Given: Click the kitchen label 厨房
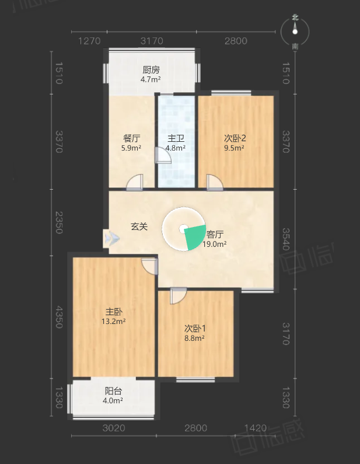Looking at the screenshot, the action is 151,70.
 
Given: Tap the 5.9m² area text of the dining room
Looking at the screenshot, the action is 131,148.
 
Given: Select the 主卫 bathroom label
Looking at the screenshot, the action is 176,138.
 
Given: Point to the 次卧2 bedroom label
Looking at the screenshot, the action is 235,138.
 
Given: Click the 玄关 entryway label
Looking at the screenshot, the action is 139,226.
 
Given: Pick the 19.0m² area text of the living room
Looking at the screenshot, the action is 215,244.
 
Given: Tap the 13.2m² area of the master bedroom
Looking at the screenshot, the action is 114,322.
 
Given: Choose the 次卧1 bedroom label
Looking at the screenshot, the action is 195,329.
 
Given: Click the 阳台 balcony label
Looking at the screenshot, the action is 113,391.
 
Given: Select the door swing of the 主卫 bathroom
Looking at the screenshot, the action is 163,155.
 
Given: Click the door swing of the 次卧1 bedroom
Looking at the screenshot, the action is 178,296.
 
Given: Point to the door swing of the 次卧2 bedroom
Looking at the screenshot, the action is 215,182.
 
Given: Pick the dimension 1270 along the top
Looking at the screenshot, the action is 89,41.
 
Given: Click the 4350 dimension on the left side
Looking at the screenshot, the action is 59,318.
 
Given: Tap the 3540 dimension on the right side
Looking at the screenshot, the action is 285,239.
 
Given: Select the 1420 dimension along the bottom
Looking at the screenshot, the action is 256,428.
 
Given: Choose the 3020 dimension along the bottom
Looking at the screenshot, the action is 114,428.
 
